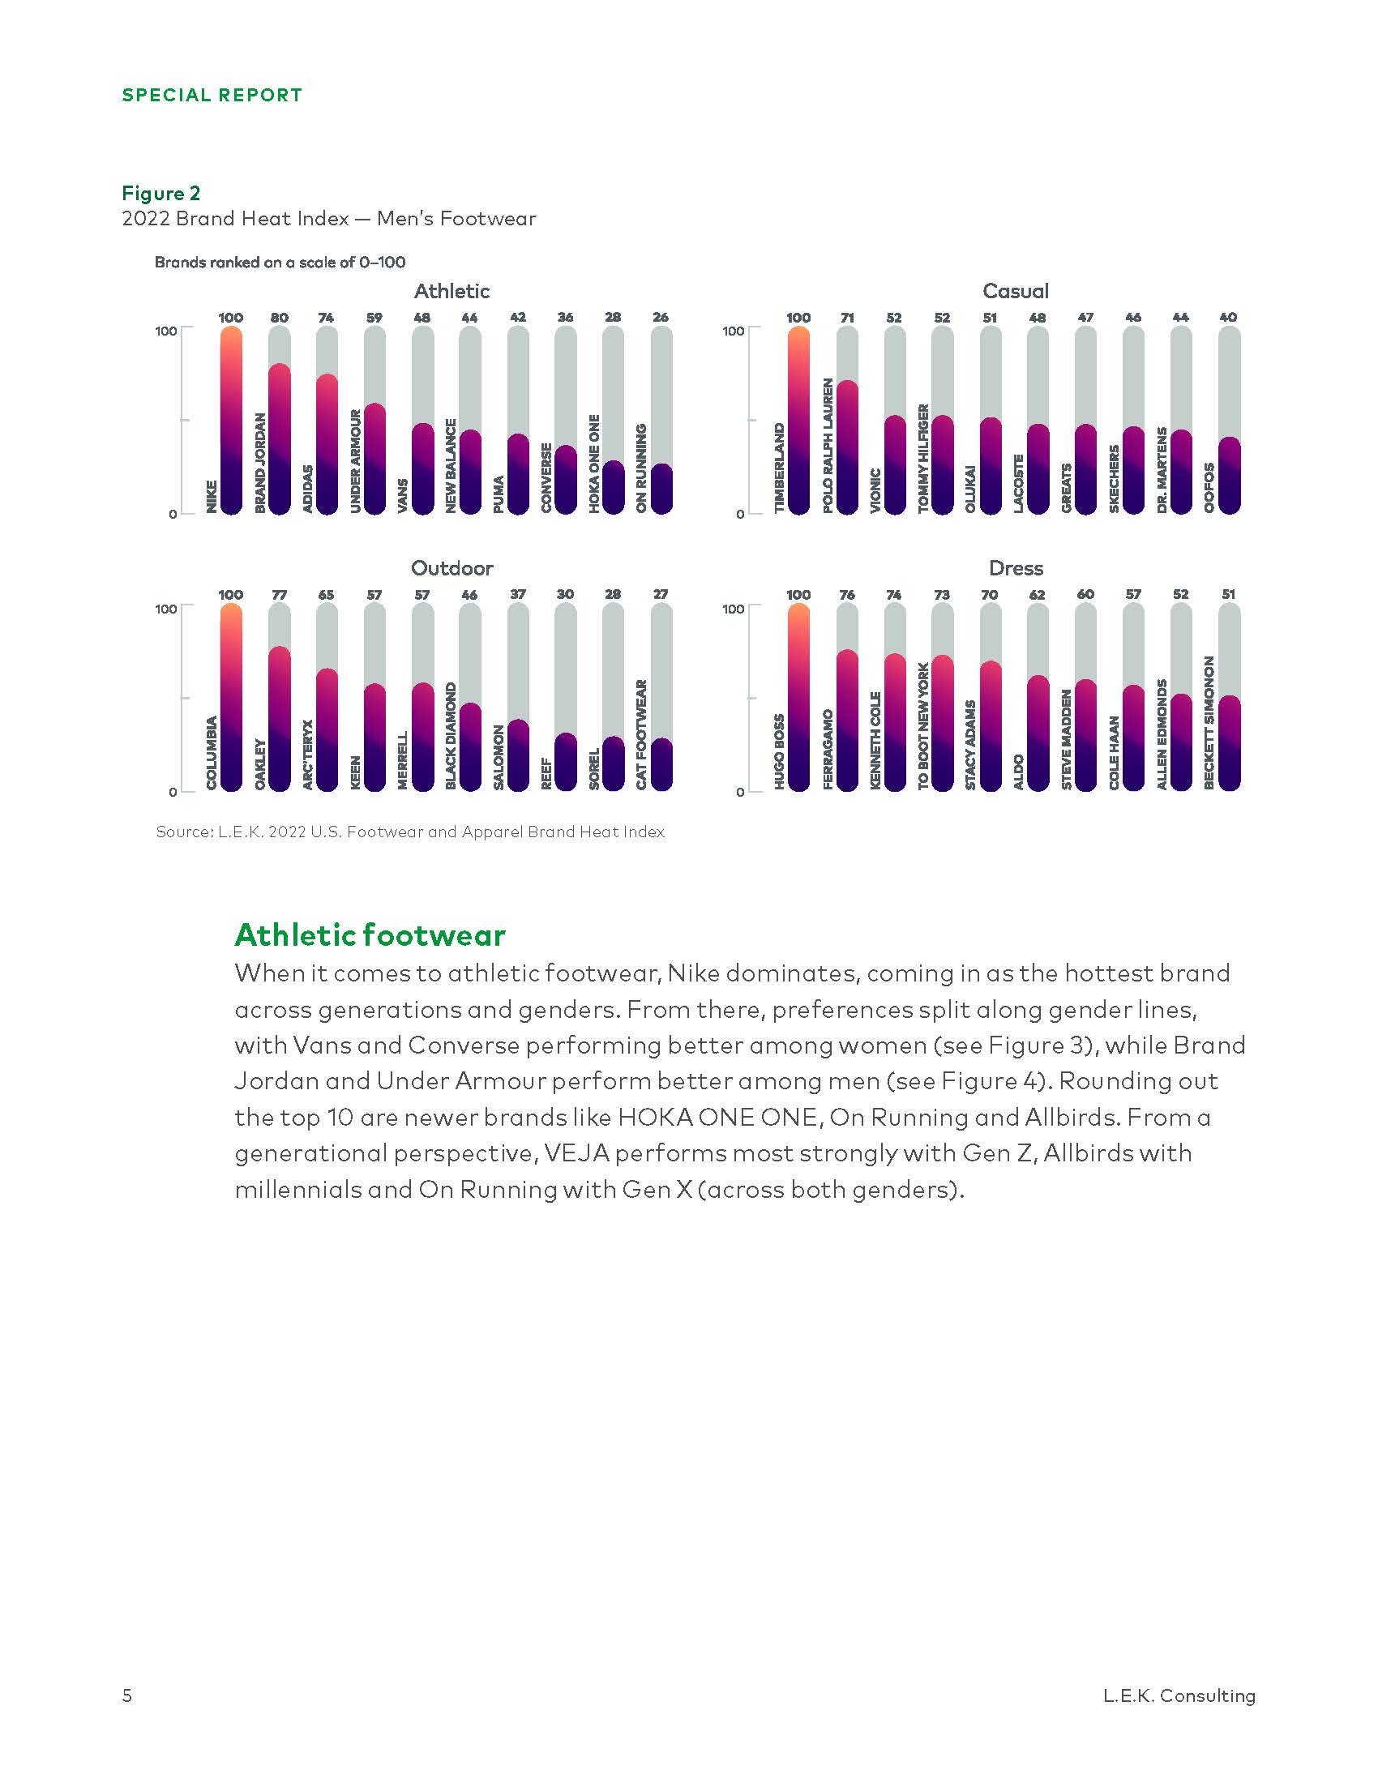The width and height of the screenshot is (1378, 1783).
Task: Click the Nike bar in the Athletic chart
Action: click(x=231, y=421)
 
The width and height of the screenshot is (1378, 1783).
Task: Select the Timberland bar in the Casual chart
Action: click(x=798, y=421)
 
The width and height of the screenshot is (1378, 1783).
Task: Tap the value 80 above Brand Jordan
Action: click(x=279, y=318)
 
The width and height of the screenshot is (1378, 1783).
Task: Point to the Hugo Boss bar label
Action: click(x=779, y=751)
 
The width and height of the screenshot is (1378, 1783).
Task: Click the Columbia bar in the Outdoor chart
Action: click(x=231, y=698)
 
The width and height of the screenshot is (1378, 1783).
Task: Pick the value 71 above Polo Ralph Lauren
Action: click(x=846, y=318)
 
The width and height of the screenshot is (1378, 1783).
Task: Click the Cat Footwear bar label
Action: click(x=642, y=735)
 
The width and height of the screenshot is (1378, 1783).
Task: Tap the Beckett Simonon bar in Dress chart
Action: click(x=1229, y=743)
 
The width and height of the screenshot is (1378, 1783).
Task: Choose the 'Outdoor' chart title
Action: click(x=451, y=568)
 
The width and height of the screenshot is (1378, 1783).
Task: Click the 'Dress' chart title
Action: click(x=1016, y=568)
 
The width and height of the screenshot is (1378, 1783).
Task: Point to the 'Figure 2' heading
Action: click(x=160, y=194)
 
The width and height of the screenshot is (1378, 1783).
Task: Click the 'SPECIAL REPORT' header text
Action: click(x=212, y=96)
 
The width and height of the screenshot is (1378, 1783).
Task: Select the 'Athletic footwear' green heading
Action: click(x=370, y=934)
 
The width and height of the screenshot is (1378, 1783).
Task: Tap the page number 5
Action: click(x=126, y=1695)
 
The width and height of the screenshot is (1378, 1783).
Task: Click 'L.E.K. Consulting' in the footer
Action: click(x=1179, y=1695)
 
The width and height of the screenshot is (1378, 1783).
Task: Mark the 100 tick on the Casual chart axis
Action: click(x=732, y=331)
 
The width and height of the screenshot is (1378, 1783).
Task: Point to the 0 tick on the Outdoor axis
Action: click(x=172, y=792)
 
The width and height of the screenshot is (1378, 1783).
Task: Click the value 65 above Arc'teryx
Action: click(x=327, y=595)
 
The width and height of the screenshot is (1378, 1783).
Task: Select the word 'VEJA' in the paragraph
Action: click(x=576, y=1153)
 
